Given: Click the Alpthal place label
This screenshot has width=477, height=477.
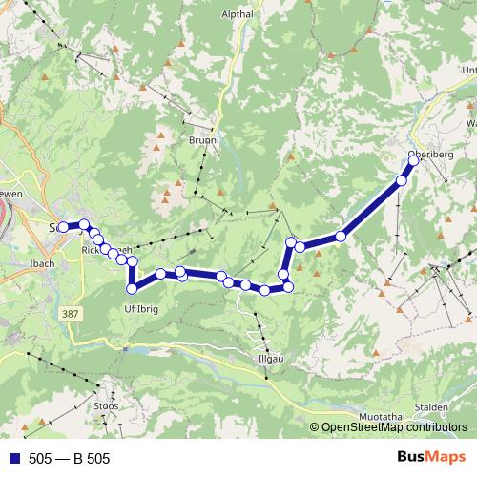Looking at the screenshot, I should tap(238, 14).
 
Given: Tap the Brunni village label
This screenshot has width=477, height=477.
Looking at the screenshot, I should tap(203, 140).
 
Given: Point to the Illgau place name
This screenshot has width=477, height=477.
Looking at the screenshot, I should tap(272, 360).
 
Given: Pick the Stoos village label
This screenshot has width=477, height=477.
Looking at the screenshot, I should tap(107, 405).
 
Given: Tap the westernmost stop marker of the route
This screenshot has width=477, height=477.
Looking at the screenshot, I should tap(63, 227).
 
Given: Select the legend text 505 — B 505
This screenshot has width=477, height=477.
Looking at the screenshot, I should tap(70, 459).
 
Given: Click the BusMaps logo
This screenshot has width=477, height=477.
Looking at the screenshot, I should tap(431, 457).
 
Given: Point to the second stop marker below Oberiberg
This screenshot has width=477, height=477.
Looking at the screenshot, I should tap(402, 180).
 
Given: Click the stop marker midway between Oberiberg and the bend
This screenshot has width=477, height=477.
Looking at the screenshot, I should tap(341, 236).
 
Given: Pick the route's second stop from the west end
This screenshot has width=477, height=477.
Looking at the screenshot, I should tap(84, 224).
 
